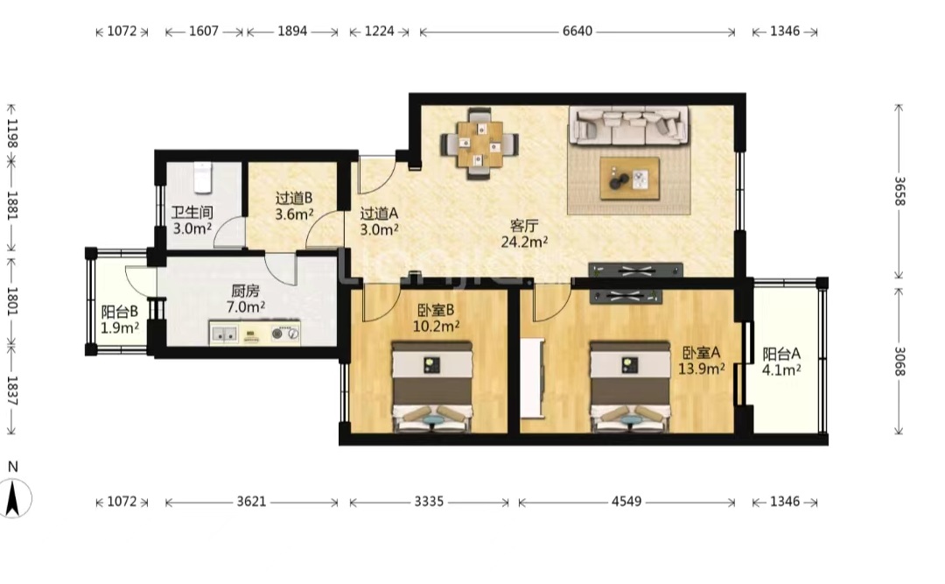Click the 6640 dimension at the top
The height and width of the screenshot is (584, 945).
[577, 31]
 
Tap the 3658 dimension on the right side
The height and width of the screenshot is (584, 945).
[899, 191]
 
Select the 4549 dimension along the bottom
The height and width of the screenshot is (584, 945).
[626, 502]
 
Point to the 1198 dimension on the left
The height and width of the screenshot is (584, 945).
[12, 133]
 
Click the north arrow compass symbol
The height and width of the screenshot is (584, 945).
[13, 497]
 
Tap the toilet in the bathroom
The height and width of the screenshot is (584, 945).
[202, 176]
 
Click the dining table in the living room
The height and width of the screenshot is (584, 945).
[479, 144]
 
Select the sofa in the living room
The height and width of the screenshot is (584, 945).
[630, 126]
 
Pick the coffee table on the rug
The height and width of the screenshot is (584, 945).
[629, 179]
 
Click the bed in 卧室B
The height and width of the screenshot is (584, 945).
[432, 387]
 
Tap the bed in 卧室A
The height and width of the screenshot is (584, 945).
[630, 387]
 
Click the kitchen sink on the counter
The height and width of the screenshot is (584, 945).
[224, 334]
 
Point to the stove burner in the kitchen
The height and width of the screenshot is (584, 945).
[278, 333]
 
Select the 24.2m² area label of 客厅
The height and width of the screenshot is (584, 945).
[524, 242]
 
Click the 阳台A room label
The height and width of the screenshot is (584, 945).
[781, 354]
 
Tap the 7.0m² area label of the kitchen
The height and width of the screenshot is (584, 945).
[246, 306]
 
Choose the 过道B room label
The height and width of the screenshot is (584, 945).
[294, 198]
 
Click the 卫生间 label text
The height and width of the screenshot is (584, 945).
[192, 213]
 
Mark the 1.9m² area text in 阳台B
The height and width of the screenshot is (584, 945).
[120, 327]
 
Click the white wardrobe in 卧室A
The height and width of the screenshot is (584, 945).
[532, 378]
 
